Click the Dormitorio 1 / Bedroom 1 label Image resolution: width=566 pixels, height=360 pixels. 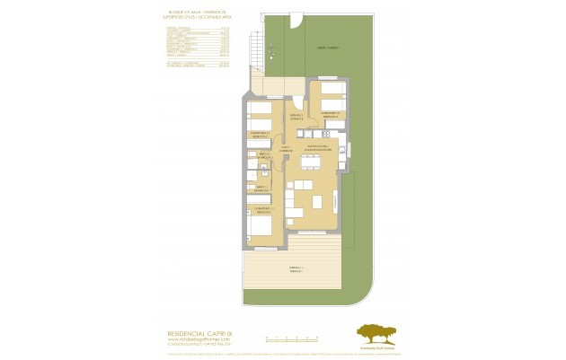(x=262, y=209)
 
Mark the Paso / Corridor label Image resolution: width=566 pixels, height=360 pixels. (x=285, y=148)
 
